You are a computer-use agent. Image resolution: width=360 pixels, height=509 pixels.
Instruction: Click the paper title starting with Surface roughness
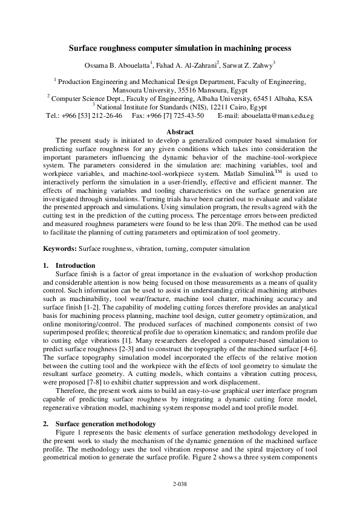coord(180,47)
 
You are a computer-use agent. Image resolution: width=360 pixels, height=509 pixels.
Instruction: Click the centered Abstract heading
coord(180,132)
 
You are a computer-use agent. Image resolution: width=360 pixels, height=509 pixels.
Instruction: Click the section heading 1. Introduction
coord(70,265)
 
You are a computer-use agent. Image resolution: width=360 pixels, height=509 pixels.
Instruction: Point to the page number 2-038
coord(180,484)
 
